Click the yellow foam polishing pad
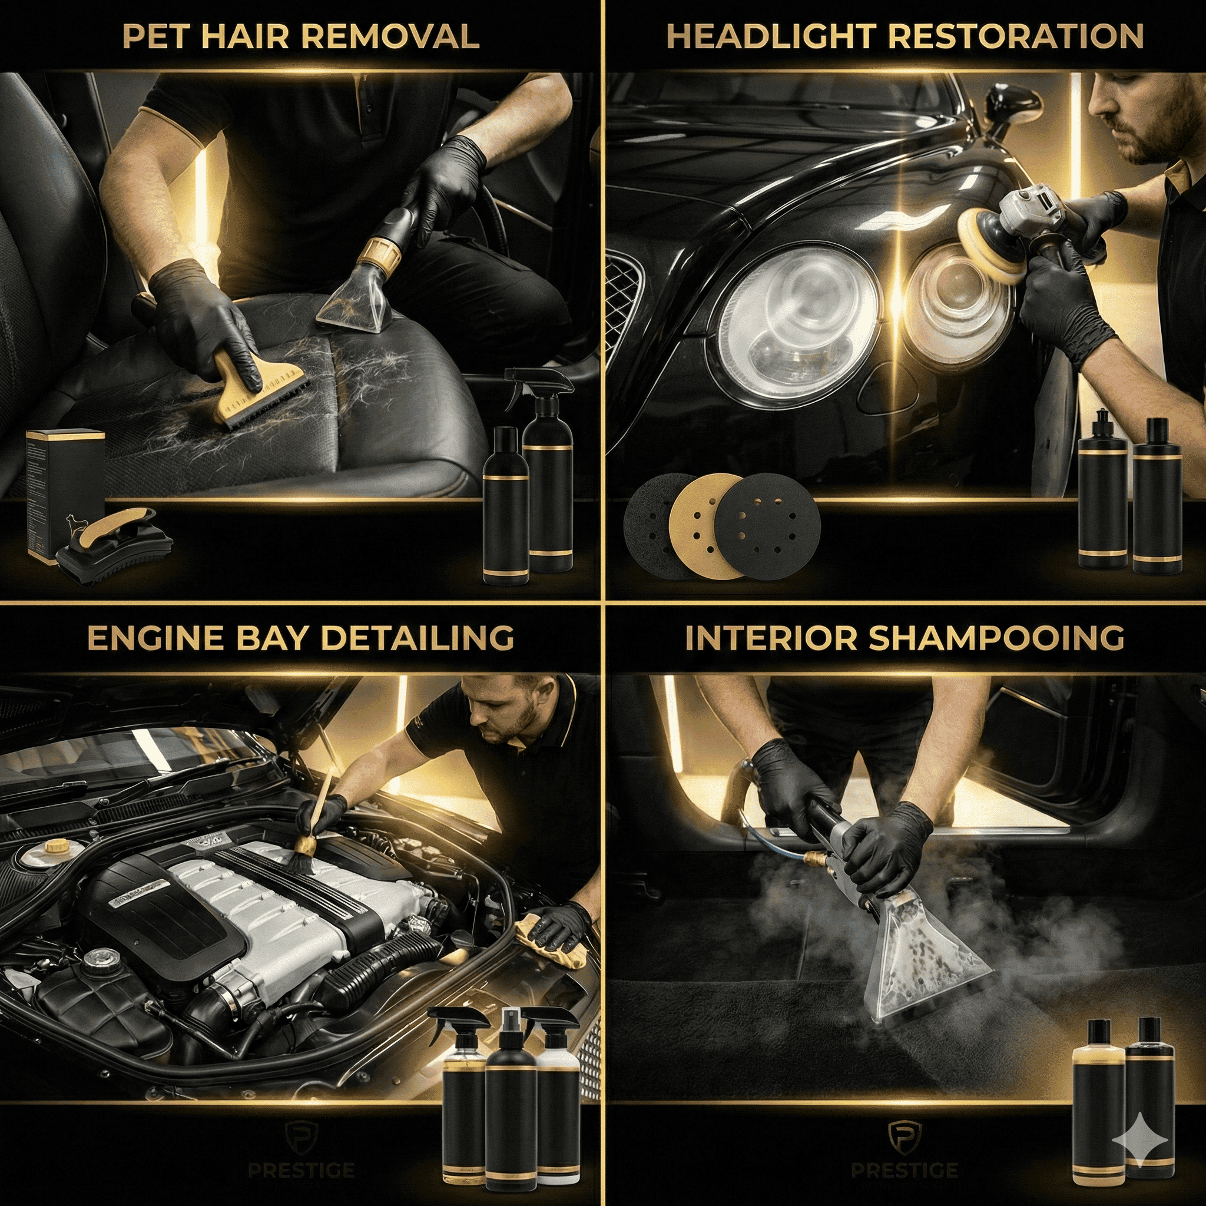coord(986,247)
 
